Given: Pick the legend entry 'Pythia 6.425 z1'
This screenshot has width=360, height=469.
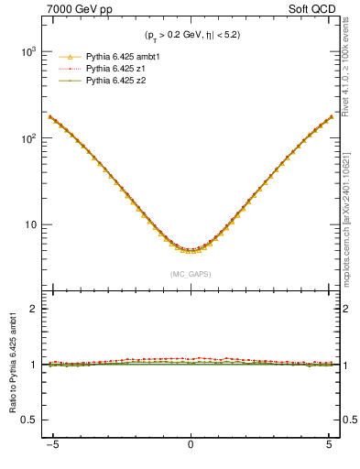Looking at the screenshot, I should (x=117, y=69).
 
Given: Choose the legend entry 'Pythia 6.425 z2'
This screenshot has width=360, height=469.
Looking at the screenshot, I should (x=117, y=81).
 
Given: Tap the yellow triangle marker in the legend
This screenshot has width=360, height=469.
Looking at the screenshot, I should (x=68, y=57).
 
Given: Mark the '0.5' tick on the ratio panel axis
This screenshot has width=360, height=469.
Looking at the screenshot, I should (x=30, y=420).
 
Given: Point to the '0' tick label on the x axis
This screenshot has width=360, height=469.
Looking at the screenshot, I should (x=190, y=450).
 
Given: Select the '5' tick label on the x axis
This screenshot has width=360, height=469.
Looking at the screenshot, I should (x=329, y=450).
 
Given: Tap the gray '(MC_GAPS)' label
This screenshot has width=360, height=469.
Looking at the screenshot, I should (x=190, y=274).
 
